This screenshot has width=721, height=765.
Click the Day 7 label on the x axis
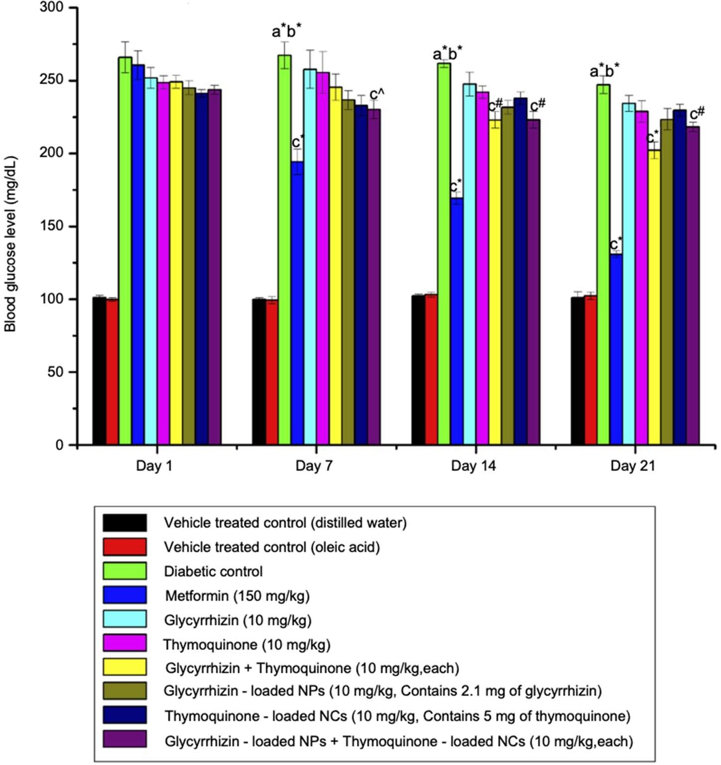314,466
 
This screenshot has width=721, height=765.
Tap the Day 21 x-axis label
632,466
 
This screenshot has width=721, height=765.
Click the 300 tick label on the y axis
52,8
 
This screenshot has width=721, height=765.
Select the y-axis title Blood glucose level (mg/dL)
11,244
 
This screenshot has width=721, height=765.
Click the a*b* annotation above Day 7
286,31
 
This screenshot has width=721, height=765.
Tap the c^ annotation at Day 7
377,95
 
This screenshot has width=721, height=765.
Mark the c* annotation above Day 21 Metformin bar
616,245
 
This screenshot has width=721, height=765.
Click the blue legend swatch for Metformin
125,595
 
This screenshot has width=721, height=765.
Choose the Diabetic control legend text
213,571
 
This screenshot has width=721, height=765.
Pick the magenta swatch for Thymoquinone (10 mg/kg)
125,643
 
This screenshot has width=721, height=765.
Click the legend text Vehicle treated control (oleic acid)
272,547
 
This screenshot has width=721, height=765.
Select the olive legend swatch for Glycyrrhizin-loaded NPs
125,691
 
